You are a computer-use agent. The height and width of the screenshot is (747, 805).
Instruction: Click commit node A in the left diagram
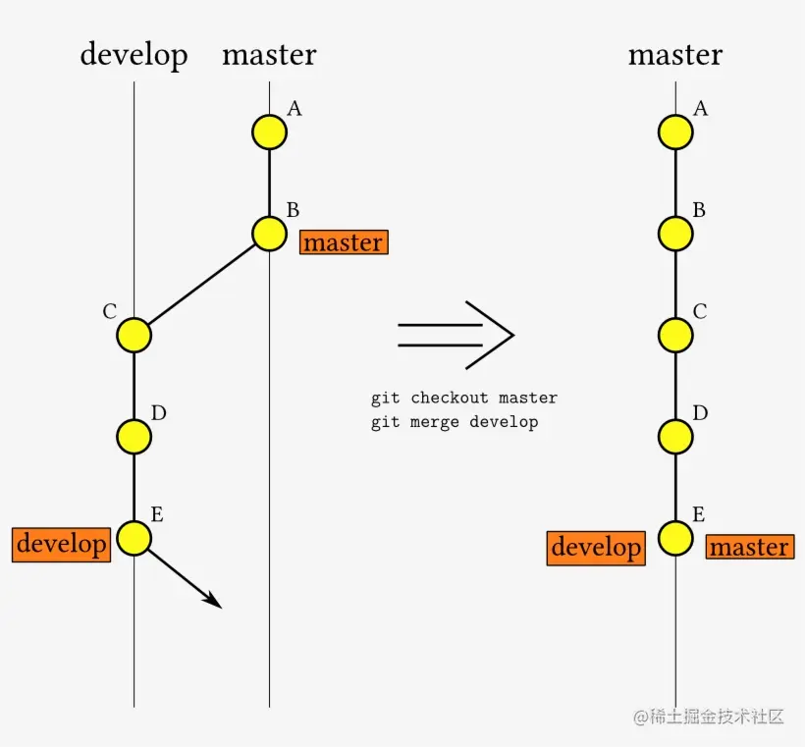[x=269, y=132]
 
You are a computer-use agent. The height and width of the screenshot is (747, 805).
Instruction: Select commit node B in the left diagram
[x=269, y=234]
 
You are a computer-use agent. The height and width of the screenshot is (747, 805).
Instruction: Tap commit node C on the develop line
[x=134, y=335]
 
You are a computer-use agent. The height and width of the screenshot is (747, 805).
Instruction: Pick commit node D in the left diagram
[x=134, y=436]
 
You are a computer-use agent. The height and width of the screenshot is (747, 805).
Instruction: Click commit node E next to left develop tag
[x=134, y=538]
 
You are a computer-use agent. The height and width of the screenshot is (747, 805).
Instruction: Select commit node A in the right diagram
[x=675, y=132]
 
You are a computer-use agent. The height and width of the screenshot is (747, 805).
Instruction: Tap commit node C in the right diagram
[x=675, y=335]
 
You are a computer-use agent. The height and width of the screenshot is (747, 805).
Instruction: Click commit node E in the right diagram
[x=675, y=538]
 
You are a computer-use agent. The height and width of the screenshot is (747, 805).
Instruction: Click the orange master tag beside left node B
[x=344, y=242]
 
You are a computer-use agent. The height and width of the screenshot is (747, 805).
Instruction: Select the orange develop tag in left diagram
[x=61, y=544]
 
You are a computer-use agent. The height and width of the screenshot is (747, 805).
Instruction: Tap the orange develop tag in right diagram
[x=596, y=547]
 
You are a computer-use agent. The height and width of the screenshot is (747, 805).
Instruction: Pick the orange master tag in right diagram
[x=749, y=547]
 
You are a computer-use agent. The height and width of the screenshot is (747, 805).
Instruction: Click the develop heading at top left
[x=134, y=54]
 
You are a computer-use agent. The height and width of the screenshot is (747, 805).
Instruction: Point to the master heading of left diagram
[x=269, y=54]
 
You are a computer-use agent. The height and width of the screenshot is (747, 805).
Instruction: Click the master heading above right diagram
[x=675, y=54]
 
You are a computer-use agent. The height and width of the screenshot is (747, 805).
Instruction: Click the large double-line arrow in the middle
[x=456, y=335]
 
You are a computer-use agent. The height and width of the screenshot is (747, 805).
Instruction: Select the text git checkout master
[x=463, y=399]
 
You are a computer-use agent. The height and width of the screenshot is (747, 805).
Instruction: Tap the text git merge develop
[x=455, y=422]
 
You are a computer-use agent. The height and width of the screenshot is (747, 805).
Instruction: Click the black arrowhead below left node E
[x=213, y=600]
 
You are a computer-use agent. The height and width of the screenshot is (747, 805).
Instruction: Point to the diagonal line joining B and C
[x=201, y=285]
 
